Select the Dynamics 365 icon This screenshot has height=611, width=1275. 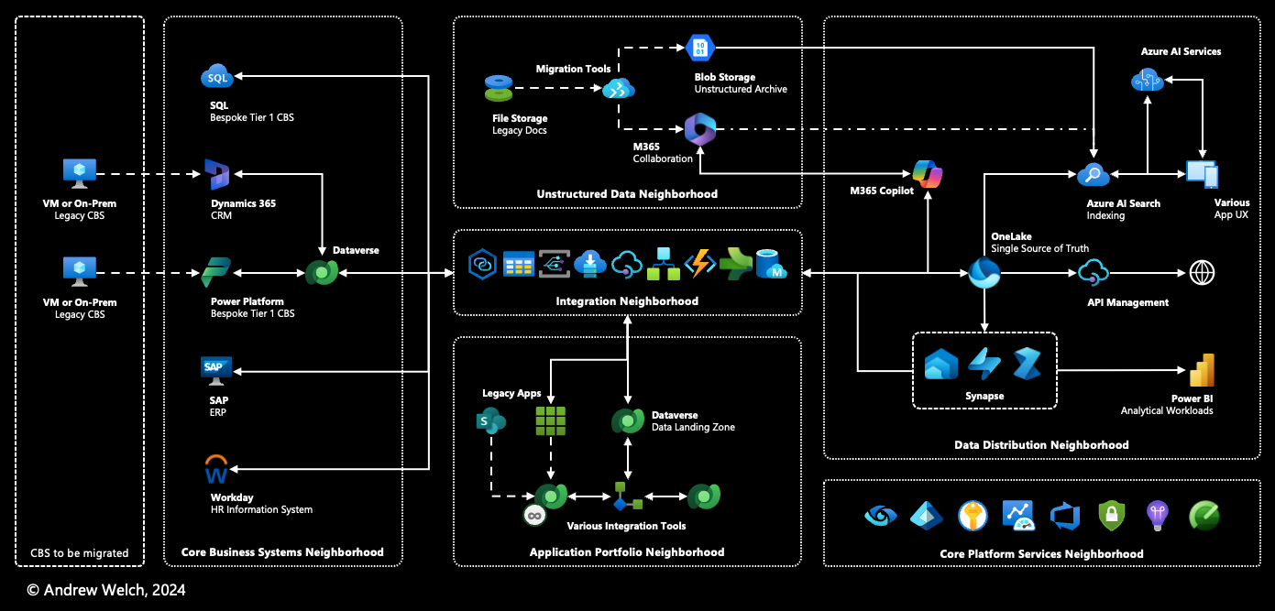[x=217, y=174]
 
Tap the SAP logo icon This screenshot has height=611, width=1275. [x=216, y=367]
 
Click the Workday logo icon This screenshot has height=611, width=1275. [x=216, y=470]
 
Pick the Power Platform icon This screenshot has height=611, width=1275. [x=216, y=272]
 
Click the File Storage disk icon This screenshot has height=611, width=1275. [x=499, y=89]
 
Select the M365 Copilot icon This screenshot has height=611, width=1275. [x=927, y=173]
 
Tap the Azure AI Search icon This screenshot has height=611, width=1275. [x=1093, y=174]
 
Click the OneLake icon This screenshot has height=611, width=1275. [x=984, y=272]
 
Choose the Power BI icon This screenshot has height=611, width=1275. [x=1202, y=370]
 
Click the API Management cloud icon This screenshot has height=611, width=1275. [x=1093, y=272]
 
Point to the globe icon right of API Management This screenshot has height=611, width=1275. [x=1202, y=272]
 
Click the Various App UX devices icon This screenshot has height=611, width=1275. [x=1202, y=174]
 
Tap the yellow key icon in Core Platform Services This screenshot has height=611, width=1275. [x=973, y=516]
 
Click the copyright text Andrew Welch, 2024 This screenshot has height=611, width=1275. [x=105, y=590]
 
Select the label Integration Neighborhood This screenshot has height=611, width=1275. [x=627, y=301]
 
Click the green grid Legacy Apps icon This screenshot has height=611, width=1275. [x=551, y=420]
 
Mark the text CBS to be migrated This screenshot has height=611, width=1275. [x=80, y=552]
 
